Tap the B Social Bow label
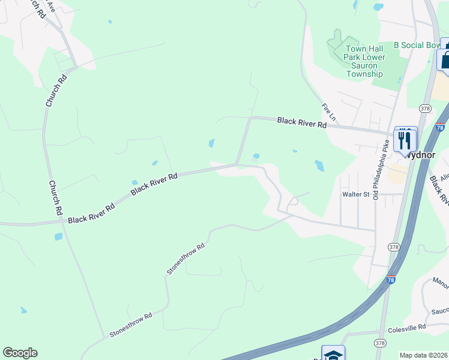pyautogui.click(x=417, y=45)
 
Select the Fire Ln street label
pyautogui.click(x=327, y=110)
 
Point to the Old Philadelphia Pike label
pyautogui.click(x=379, y=170)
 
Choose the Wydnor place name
pyautogui.click(x=418, y=154)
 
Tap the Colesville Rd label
pyautogui.click(x=406, y=327)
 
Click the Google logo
pyautogui.click(x=20, y=353)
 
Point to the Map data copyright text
pyautogui.click(x=424, y=355)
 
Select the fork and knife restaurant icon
pyautogui.click(x=405, y=139)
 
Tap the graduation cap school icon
pyautogui.click(x=333, y=354)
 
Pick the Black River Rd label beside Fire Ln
pyautogui.click(x=301, y=122)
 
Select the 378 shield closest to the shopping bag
pyautogui.click(x=426, y=109)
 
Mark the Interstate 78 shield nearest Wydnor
pyautogui.click(x=440, y=127)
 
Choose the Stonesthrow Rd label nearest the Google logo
pyautogui.click(x=130, y=324)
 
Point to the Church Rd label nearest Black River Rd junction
pyautogui.click(x=55, y=198)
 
